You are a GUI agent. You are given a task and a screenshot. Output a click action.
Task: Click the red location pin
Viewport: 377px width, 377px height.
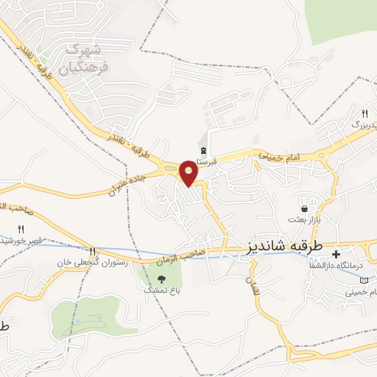(189, 172)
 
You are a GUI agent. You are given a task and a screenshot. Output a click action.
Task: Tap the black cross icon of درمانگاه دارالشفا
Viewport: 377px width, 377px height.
(336, 254)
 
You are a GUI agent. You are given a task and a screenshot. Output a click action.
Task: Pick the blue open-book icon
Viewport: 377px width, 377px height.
(364, 280)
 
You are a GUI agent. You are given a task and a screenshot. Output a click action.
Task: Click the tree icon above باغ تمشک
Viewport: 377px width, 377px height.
(161, 278)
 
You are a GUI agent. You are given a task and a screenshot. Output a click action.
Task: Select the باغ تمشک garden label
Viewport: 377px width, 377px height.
(161, 290)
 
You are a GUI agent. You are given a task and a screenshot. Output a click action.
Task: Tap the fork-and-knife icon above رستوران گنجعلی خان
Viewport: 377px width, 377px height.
(92, 250)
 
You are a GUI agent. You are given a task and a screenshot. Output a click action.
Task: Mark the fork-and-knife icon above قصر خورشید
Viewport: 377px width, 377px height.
(21, 229)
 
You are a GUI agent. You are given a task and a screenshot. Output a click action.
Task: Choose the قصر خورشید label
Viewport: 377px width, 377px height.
(22, 241)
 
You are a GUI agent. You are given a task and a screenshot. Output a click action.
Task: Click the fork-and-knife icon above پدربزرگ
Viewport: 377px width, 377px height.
(364, 113)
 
